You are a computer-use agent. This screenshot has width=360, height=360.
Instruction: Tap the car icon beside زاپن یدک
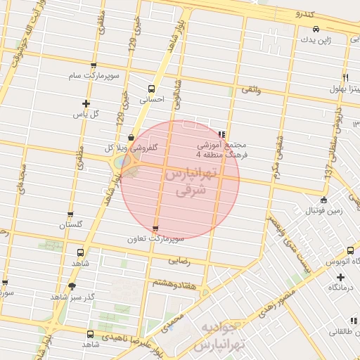click(x=317, y=29)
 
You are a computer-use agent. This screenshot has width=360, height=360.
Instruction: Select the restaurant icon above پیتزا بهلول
click(x=345, y=77)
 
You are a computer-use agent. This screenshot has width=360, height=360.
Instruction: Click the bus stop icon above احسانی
click(x=151, y=89)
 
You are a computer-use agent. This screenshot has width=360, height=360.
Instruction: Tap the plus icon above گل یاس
click(x=86, y=103)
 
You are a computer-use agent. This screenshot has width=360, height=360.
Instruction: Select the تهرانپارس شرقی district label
click(x=190, y=181)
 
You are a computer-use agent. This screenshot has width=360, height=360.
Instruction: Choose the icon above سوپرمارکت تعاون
click(x=155, y=228)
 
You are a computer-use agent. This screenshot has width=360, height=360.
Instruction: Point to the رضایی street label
click(x=179, y=259)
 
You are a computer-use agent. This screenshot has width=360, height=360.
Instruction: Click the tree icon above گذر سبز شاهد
click(x=72, y=286)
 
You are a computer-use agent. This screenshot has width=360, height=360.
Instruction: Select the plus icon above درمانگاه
click(x=340, y=277)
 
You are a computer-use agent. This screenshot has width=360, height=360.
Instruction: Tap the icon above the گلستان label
click(x=70, y=214)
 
